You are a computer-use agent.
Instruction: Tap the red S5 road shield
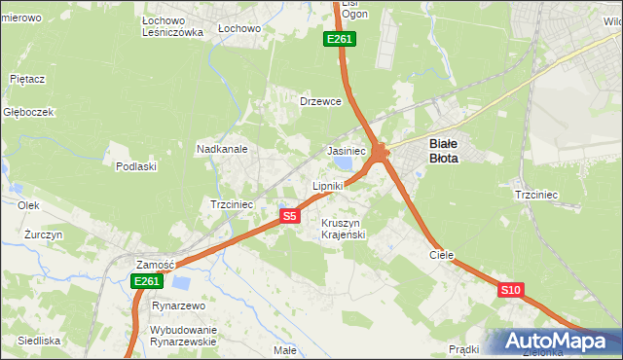(289, 216)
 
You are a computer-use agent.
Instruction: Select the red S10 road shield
(511, 290)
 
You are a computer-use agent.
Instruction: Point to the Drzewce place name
(320, 101)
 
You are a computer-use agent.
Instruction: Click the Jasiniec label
(346, 152)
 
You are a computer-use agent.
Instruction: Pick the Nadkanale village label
(223, 150)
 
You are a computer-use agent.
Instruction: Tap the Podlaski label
(136, 166)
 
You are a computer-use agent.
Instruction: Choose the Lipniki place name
(328, 185)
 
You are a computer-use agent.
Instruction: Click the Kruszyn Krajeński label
(343, 229)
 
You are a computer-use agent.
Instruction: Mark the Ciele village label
(442, 254)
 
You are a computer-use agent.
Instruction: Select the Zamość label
(155, 265)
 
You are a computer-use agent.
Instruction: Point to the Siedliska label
(39, 341)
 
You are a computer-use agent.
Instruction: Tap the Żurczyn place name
(44, 235)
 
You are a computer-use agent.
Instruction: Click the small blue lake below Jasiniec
(342, 168)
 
